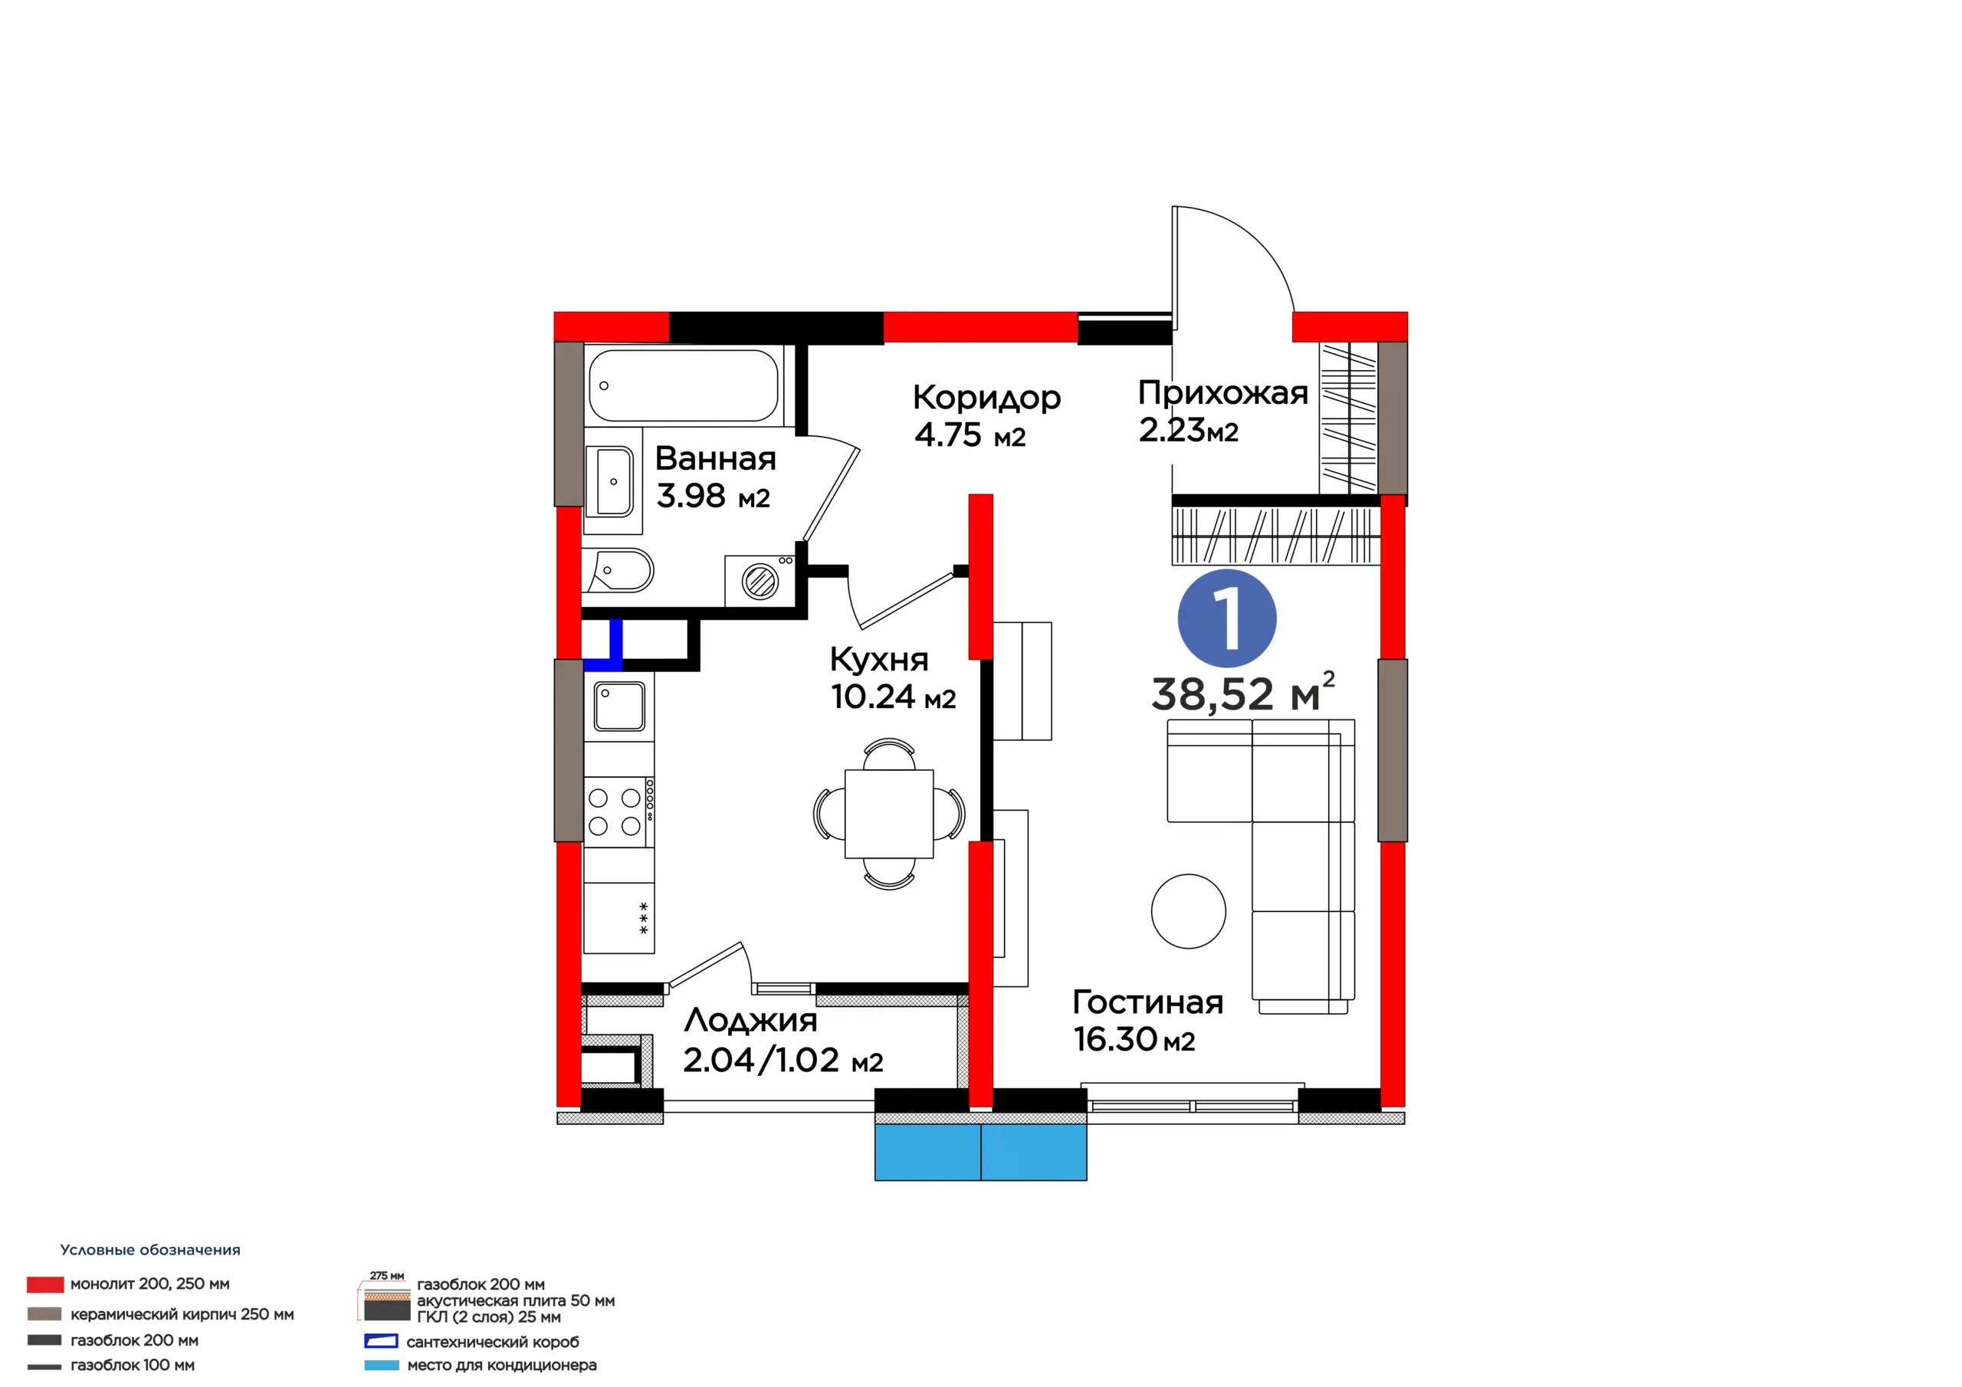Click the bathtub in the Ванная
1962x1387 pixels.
point(684,385)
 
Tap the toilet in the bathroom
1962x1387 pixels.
point(618,571)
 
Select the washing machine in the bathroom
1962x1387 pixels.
point(760,581)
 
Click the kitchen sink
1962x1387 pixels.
point(618,707)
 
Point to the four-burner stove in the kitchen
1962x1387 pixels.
point(618,811)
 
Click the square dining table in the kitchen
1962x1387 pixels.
point(889,814)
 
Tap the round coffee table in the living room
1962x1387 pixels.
point(1188,911)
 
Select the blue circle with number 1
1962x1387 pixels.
point(1226,618)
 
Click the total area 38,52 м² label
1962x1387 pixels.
point(1242,692)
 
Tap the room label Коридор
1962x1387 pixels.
point(986,398)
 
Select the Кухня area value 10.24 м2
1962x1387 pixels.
point(893,697)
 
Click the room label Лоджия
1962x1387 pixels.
point(750,1021)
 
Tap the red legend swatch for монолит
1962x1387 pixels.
point(44,1284)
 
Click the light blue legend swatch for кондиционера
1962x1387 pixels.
point(381,1366)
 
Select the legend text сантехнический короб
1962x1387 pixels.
point(492,1342)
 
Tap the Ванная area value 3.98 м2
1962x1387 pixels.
point(713,496)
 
